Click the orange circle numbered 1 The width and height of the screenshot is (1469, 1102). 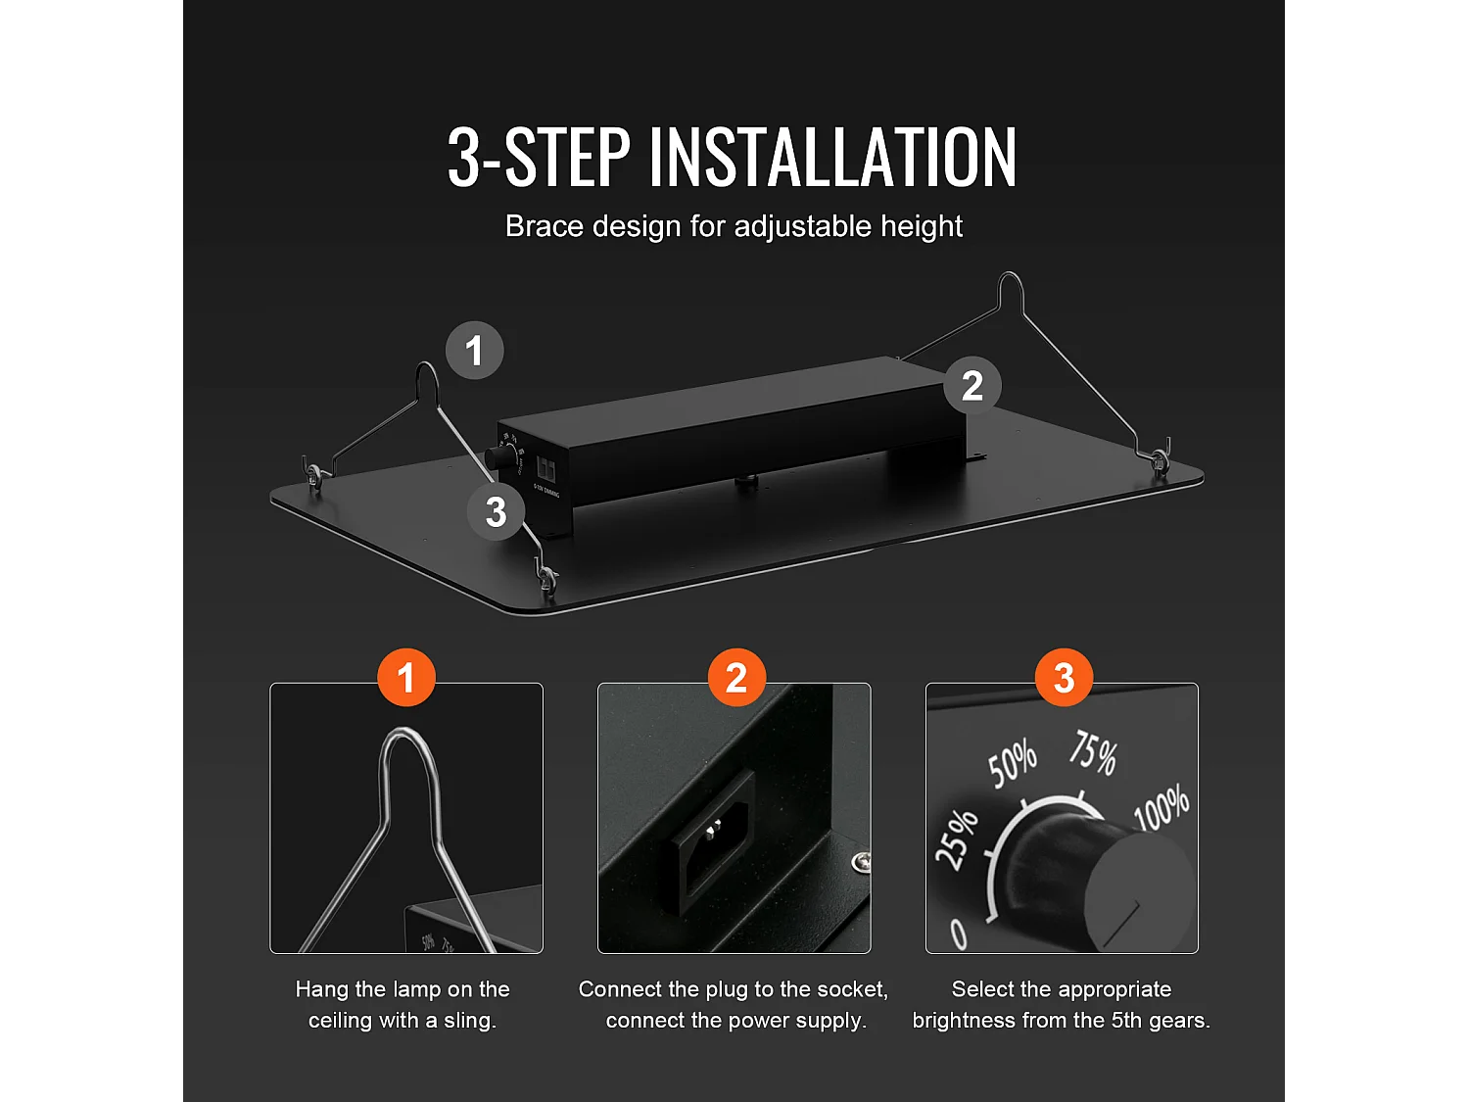pos(406,677)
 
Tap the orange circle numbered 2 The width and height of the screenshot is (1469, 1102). pos(736,677)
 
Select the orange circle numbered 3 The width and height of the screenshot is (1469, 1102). pos(1065,677)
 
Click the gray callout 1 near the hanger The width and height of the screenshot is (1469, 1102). pos(475,351)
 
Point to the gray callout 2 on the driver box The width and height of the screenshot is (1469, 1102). pos(972,385)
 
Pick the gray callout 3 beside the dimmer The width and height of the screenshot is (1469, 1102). pos(496,512)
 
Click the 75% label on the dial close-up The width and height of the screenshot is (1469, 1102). pos(1093,753)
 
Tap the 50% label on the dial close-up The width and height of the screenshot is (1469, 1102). pos(1013,764)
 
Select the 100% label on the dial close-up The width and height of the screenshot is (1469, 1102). pos(1161,807)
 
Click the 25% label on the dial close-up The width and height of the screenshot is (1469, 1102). pos(957,840)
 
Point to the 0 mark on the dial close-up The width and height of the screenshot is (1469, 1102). pos(959,934)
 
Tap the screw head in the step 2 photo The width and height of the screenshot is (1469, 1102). pos(861,861)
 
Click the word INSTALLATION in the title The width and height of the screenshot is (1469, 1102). pos(833,158)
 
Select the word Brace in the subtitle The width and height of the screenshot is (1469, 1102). pos(545,226)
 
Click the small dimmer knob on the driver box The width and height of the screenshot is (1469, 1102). pos(498,458)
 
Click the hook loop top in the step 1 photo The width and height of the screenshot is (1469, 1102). pos(405,733)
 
